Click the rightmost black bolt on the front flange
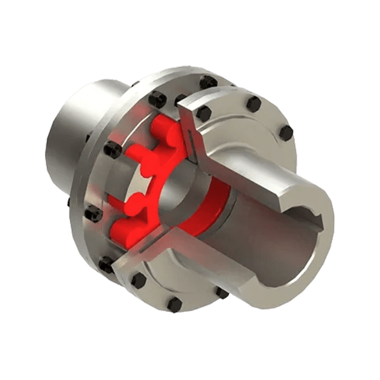pos(286,133)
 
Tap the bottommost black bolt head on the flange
pos(174,304)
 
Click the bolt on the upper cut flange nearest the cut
pos(203,113)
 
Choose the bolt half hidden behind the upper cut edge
pos(180,100)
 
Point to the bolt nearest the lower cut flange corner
pos(138,280)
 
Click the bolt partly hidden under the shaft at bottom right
pos(222,293)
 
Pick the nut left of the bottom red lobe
pos(94,215)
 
